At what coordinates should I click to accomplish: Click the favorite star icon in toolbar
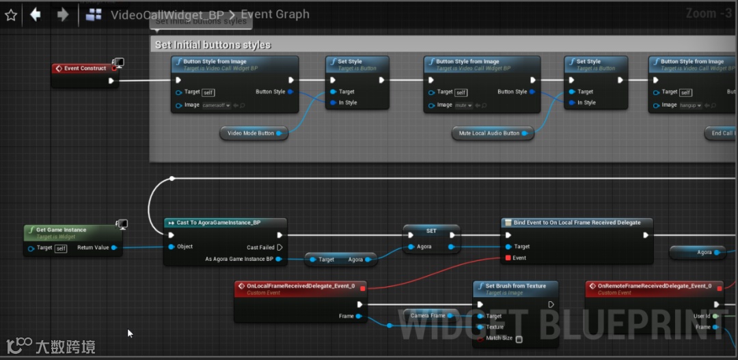pos(11,14)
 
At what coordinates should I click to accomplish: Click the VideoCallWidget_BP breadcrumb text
pos(167,14)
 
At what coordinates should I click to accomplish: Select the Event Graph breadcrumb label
pos(275,14)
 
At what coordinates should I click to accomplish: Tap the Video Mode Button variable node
pos(251,133)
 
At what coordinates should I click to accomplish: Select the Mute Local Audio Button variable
pos(489,133)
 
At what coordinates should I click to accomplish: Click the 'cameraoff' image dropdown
pos(217,105)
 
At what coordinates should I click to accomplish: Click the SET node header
pos(431,231)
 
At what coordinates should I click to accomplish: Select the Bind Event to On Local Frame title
pos(577,223)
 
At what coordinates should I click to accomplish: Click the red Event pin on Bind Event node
pos(508,258)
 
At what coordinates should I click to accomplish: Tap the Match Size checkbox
pos(519,339)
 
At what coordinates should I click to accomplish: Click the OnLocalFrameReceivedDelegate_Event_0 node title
pos(305,286)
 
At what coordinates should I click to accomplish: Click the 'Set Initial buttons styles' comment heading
pos(213,45)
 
